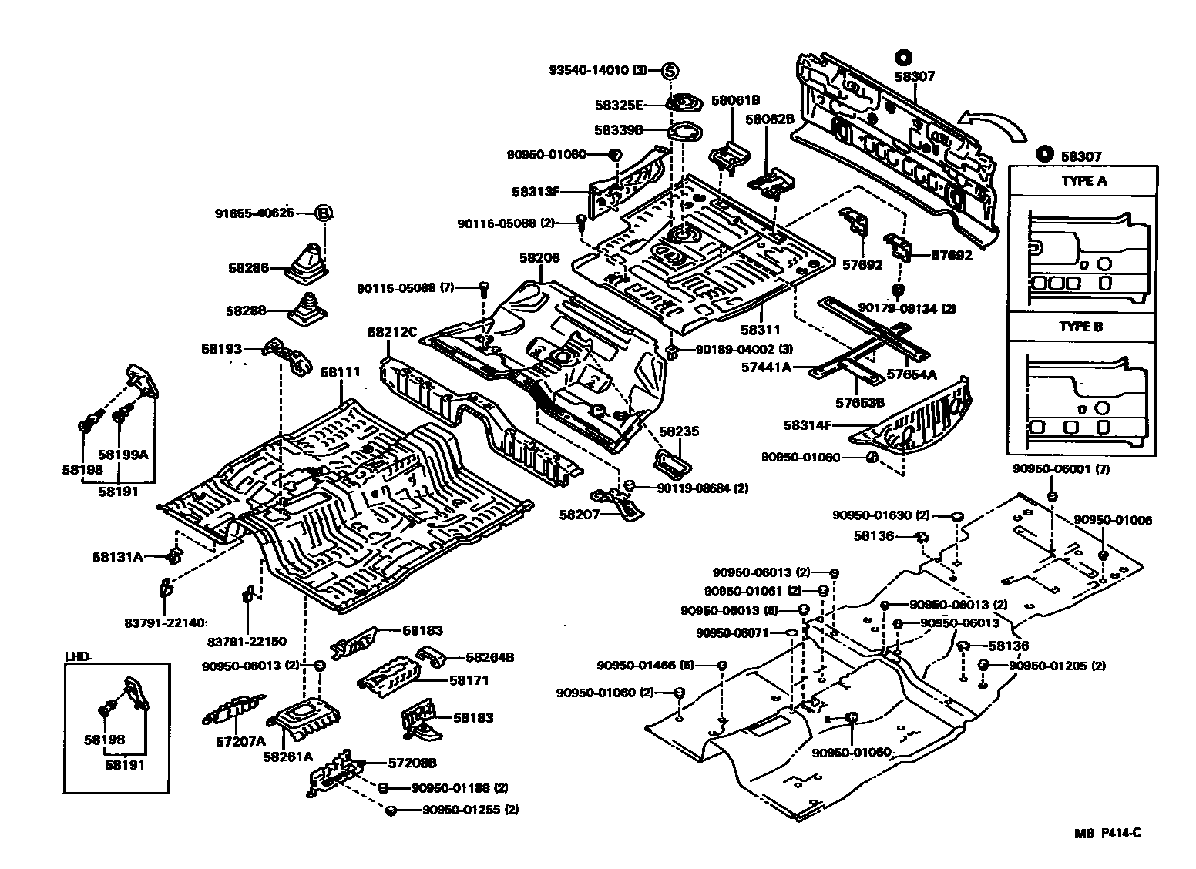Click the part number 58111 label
340,372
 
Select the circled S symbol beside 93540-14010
670,71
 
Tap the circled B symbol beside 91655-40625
324,213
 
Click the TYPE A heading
1083,181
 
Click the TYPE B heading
1081,327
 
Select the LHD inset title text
78,656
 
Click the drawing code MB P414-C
1107,833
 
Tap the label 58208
539,260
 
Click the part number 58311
760,330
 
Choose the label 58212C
391,333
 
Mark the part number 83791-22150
247,641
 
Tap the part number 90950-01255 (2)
469,810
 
